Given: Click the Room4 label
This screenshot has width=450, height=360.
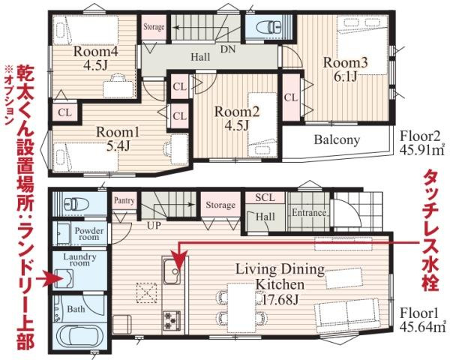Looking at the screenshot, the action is pos(96,52).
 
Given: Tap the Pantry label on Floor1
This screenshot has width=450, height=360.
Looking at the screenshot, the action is pos(124,200).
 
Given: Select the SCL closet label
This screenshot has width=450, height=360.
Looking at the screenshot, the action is pos(265,197).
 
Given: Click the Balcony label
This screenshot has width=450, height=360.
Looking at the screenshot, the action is pos(337,139).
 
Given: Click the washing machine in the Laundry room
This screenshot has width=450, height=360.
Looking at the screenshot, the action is pos(64,278).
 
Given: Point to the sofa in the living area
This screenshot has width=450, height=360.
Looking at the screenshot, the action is pos(347,315).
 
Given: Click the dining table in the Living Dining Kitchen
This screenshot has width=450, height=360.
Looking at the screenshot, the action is pos(241,307).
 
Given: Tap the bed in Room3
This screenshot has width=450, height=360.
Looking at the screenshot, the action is pos(362,45).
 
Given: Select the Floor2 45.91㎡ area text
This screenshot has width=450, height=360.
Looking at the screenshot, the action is pos(421,142).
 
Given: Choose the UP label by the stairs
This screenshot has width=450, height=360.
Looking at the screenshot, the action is pos(154,225).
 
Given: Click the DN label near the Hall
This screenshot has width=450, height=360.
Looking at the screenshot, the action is pos(228,49).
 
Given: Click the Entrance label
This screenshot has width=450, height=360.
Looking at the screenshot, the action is pos(309,213).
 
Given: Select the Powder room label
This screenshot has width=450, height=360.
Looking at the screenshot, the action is pos(89,234).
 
